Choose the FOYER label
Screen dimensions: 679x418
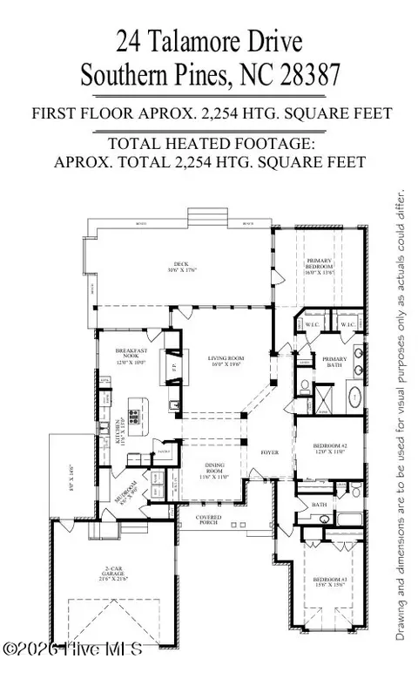(x=269, y=453)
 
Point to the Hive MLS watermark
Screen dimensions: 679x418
(x=73, y=649)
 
